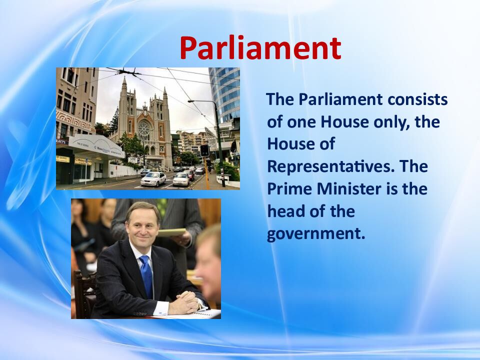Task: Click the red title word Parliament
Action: click(x=260, y=48)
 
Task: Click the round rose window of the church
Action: click(x=144, y=130)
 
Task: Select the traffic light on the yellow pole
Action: click(x=204, y=151)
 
